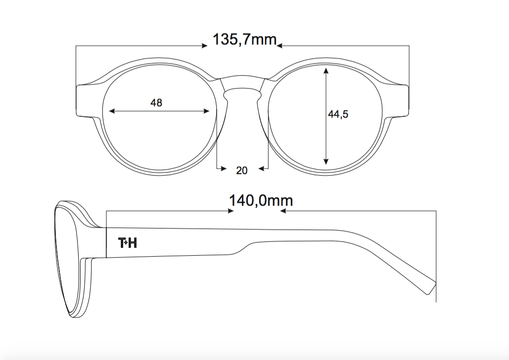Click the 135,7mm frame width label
(x=244, y=40)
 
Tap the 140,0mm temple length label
(x=261, y=201)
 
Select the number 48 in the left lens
(x=156, y=103)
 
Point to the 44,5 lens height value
(x=338, y=114)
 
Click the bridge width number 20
(x=242, y=171)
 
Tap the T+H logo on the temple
(x=128, y=242)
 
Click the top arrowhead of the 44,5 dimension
(x=326, y=70)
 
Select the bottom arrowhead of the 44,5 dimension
(x=326, y=161)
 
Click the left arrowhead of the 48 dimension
(x=112, y=111)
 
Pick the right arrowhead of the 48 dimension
(x=206, y=111)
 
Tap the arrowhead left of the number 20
(x=224, y=169)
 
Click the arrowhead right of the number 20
(x=261, y=169)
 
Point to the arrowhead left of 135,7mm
(x=204, y=46)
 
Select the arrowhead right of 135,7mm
(x=279, y=46)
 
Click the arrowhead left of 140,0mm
(x=231, y=211)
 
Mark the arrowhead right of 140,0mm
(x=283, y=211)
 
